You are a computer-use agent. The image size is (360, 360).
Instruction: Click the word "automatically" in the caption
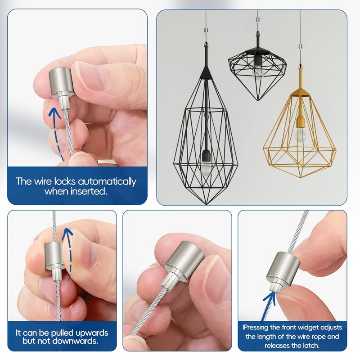click(x=107, y=182)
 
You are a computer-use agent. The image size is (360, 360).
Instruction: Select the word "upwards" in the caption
click(x=91, y=333)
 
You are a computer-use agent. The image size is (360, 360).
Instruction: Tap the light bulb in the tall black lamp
click(x=206, y=170)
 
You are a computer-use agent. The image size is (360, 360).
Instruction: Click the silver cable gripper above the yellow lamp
click(x=300, y=47)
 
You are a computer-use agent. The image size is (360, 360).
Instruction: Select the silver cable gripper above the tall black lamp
click(x=206, y=30)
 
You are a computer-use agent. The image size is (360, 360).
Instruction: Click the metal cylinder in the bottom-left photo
click(x=54, y=255)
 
